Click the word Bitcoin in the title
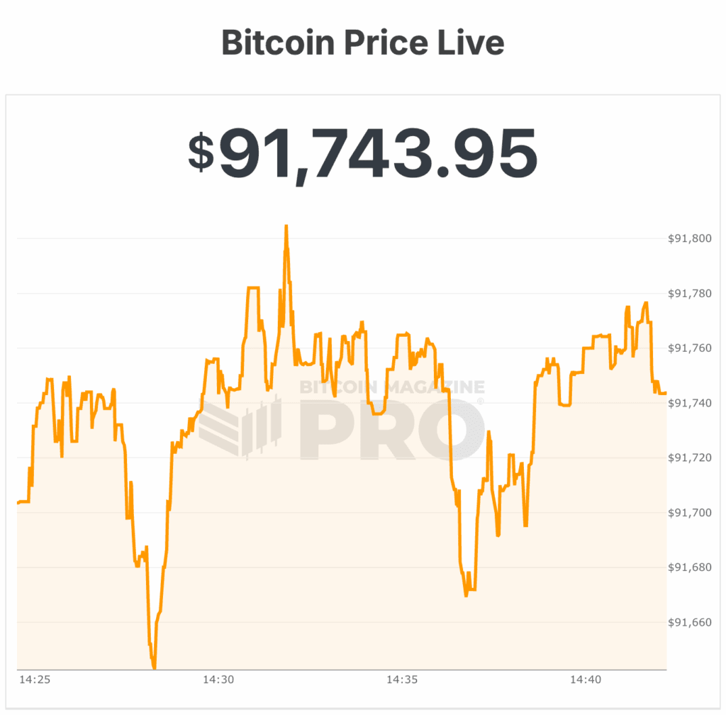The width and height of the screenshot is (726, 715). click(278, 43)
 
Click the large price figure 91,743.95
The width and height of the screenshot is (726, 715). click(378, 153)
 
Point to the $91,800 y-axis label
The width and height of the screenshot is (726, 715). click(689, 239)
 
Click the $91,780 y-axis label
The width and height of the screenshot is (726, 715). click(689, 294)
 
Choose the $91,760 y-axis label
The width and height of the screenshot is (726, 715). click(689, 348)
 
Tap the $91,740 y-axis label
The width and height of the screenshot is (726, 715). click(689, 403)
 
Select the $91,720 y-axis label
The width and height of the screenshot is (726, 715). click(689, 458)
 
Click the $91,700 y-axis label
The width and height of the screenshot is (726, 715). click(689, 513)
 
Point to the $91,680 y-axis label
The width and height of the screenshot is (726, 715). click(689, 567)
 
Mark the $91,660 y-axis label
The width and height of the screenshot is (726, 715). click(689, 623)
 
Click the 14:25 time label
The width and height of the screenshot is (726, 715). click(34, 680)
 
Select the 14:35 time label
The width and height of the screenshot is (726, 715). click(401, 680)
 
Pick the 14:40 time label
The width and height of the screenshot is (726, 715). click(585, 680)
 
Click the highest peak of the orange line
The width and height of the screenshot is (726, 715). click(286, 226)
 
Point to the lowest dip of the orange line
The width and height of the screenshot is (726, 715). click(154, 667)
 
